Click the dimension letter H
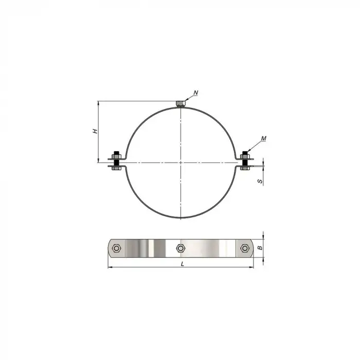[95, 131]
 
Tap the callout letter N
[196, 93]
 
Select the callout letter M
[263, 138]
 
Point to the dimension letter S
[260, 181]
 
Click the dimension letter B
[260, 248]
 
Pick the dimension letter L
[183, 264]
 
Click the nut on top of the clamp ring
[181, 104]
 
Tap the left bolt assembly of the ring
[117, 160]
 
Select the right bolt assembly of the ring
[245, 160]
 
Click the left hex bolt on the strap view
[116, 248]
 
